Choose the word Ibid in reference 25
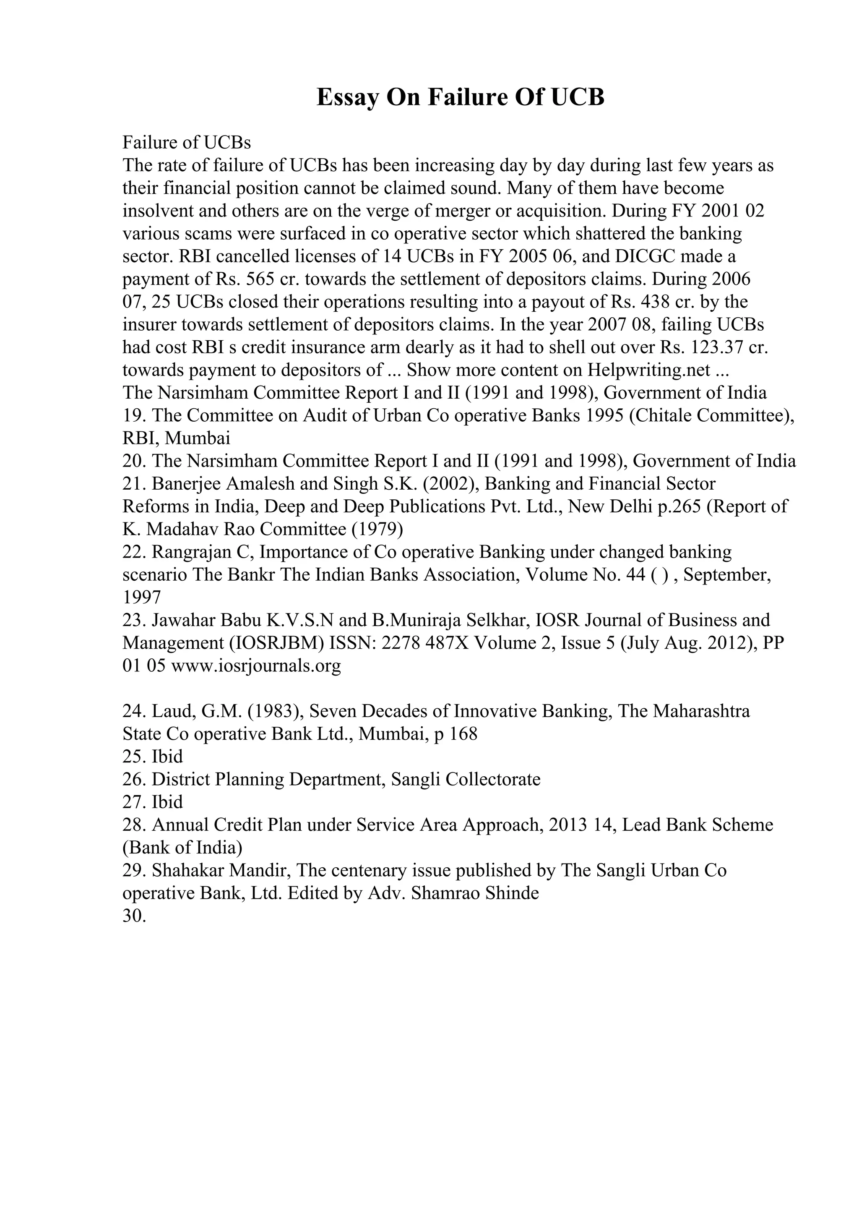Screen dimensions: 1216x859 167,756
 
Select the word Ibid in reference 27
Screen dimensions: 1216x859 167,802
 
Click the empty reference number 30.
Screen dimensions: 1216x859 134,916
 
